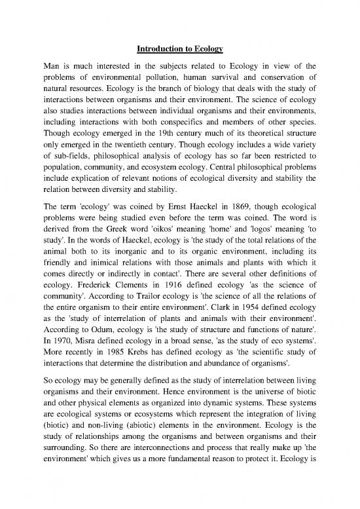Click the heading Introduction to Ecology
point(179,50)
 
